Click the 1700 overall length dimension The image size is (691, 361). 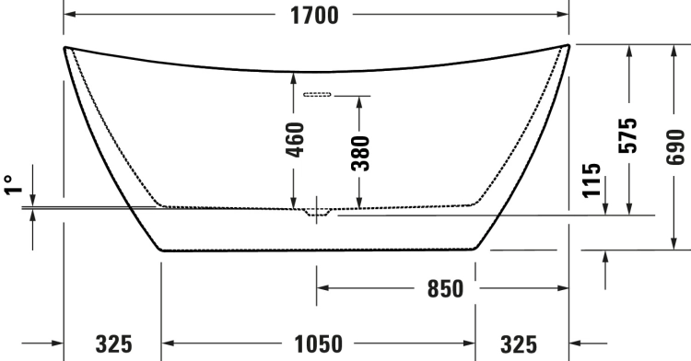[314, 16]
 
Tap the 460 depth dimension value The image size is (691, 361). [295, 140]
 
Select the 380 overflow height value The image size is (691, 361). [360, 153]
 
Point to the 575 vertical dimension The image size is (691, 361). [628, 135]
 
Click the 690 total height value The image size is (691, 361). [675, 147]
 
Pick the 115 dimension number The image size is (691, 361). [591, 180]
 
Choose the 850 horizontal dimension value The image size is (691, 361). [446, 289]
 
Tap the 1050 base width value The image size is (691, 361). [318, 344]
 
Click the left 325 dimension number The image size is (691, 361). [113, 344]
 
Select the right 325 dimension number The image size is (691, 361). [519, 344]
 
